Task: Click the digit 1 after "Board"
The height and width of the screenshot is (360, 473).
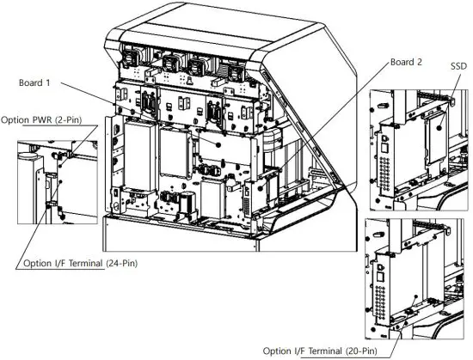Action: pos(52,83)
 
